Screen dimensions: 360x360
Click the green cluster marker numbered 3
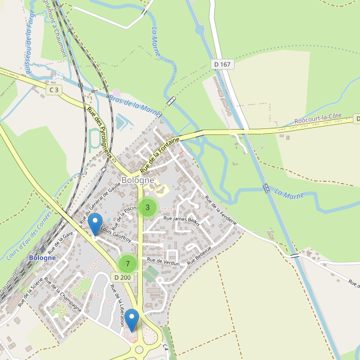pos(147,208)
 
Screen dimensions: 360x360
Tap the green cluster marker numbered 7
pos(127,263)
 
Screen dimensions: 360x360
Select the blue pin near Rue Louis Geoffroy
pos(95,224)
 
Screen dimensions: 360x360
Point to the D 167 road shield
pos(222,64)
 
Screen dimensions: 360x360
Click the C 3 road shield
pos(54,90)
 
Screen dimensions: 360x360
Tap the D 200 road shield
pos(121,277)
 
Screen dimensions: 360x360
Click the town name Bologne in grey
pos(137,180)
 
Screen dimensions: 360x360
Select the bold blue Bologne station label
pos(42,257)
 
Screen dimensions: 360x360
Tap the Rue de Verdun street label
pos(163,262)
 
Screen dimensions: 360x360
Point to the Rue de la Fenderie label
pos(221,211)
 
